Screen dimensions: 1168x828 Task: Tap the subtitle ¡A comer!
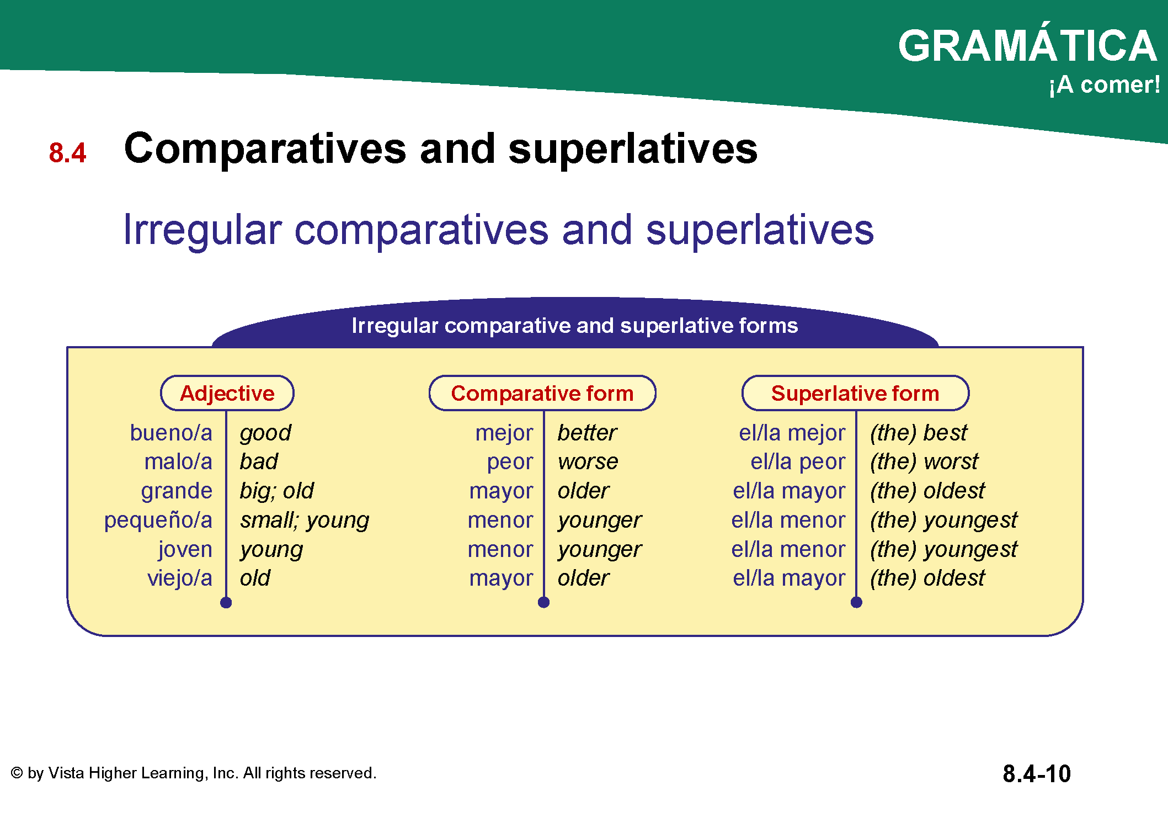[x=1105, y=85]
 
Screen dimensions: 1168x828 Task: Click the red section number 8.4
[x=67, y=153]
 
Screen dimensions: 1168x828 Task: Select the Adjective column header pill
[x=227, y=393]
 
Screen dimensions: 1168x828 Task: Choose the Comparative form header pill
[x=542, y=393]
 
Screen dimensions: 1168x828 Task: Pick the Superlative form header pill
[x=855, y=393]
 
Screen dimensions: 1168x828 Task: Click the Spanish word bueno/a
[x=171, y=433]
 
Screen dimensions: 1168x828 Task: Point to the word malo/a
[x=178, y=461]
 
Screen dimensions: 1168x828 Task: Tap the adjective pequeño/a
[x=158, y=521]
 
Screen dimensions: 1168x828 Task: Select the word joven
[x=185, y=550]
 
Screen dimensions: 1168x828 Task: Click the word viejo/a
[x=180, y=578]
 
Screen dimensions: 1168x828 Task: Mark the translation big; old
[x=276, y=491]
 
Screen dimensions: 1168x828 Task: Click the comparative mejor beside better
[x=504, y=433]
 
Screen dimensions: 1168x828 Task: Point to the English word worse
[x=588, y=462]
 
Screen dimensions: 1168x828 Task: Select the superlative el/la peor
[x=798, y=462]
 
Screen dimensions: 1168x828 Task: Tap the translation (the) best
[x=919, y=433]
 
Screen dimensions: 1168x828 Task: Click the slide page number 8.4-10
[x=1037, y=773]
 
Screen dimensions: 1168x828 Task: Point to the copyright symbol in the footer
[x=17, y=773]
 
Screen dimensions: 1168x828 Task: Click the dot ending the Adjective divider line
[x=226, y=603]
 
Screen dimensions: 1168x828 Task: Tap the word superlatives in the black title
[x=633, y=149]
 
